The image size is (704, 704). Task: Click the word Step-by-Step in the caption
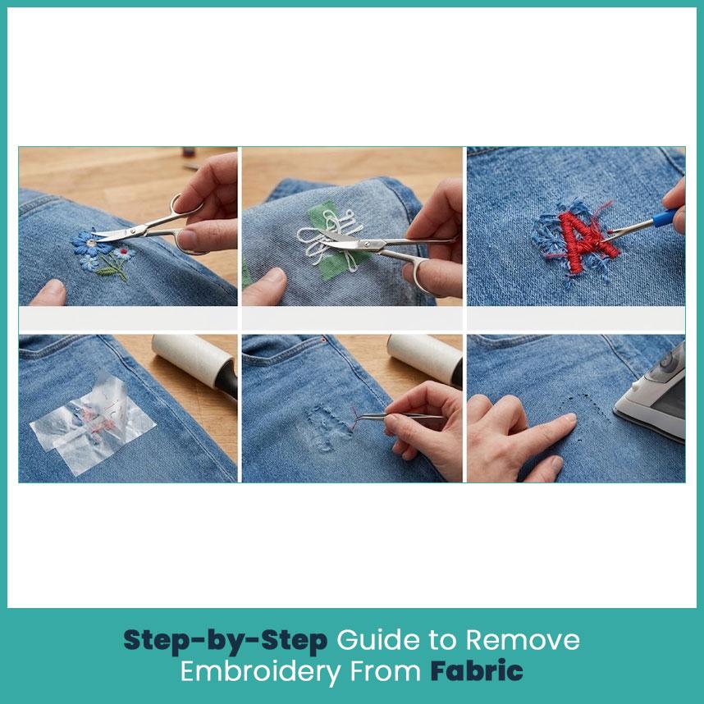(226, 641)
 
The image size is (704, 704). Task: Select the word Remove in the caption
(522, 640)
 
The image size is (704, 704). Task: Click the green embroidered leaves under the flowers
(112, 268)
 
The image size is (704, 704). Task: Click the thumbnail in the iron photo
(569, 418)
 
